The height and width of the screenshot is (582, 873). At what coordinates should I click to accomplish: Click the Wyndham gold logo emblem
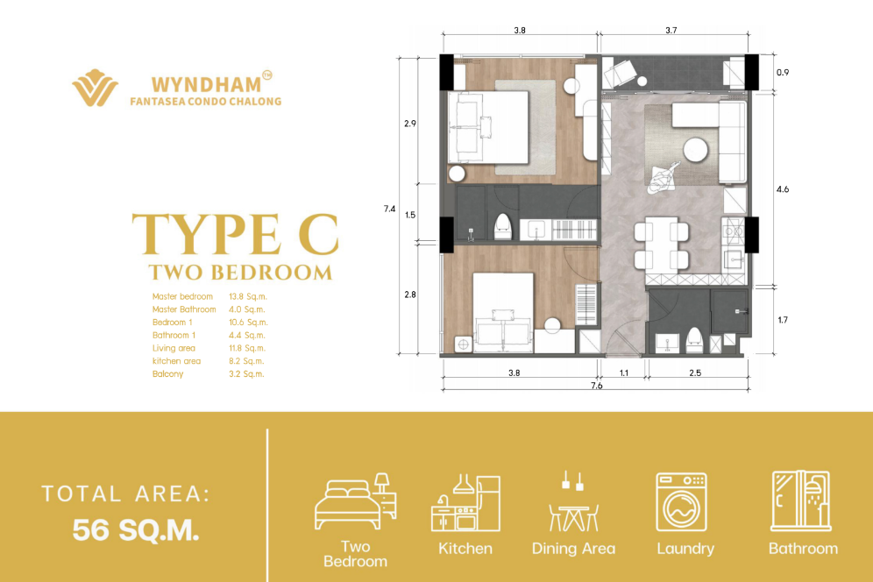coord(95,88)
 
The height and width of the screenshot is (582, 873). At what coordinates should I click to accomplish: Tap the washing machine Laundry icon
coord(681,502)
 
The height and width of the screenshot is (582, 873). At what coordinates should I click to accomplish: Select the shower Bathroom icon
coord(801,500)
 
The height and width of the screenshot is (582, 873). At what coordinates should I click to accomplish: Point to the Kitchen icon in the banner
coord(465,502)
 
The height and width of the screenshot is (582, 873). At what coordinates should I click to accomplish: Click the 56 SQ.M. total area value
coord(136,530)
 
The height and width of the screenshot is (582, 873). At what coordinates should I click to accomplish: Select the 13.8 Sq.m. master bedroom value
coord(248,297)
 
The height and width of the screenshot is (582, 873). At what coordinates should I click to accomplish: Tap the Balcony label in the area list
coord(167,373)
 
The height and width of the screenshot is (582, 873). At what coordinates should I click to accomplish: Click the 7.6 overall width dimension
coord(596,386)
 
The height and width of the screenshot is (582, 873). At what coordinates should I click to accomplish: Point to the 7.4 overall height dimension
coord(390,209)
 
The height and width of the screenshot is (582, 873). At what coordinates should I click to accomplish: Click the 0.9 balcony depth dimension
coord(782,73)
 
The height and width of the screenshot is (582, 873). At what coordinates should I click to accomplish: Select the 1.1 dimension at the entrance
coord(623,373)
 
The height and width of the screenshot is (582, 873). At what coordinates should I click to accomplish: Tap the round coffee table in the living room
coord(695,150)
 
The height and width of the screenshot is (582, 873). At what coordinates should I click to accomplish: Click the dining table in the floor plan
coord(662,244)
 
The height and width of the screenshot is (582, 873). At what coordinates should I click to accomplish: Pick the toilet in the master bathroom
coord(503,227)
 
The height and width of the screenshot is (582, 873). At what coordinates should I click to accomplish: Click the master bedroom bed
coord(488,128)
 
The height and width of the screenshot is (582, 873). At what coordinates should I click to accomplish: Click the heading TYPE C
coord(235,233)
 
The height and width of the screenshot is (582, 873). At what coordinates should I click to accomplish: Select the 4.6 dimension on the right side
coord(782,189)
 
